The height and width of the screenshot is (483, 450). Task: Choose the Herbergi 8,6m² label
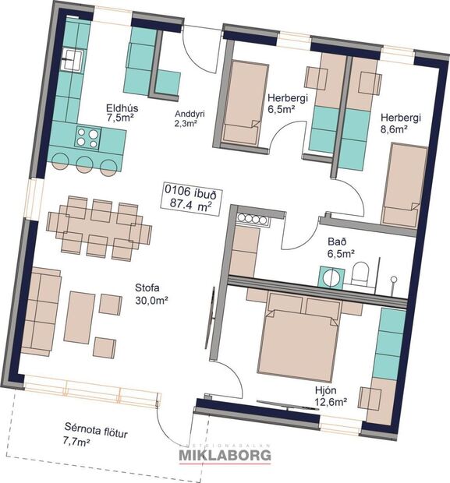click(x=400, y=123)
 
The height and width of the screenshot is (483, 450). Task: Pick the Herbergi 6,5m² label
click(x=285, y=104)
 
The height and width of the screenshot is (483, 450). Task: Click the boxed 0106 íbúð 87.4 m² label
click(x=189, y=199)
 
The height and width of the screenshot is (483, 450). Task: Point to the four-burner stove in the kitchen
click(x=87, y=139)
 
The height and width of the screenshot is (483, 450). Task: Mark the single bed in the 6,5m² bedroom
click(x=243, y=102)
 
